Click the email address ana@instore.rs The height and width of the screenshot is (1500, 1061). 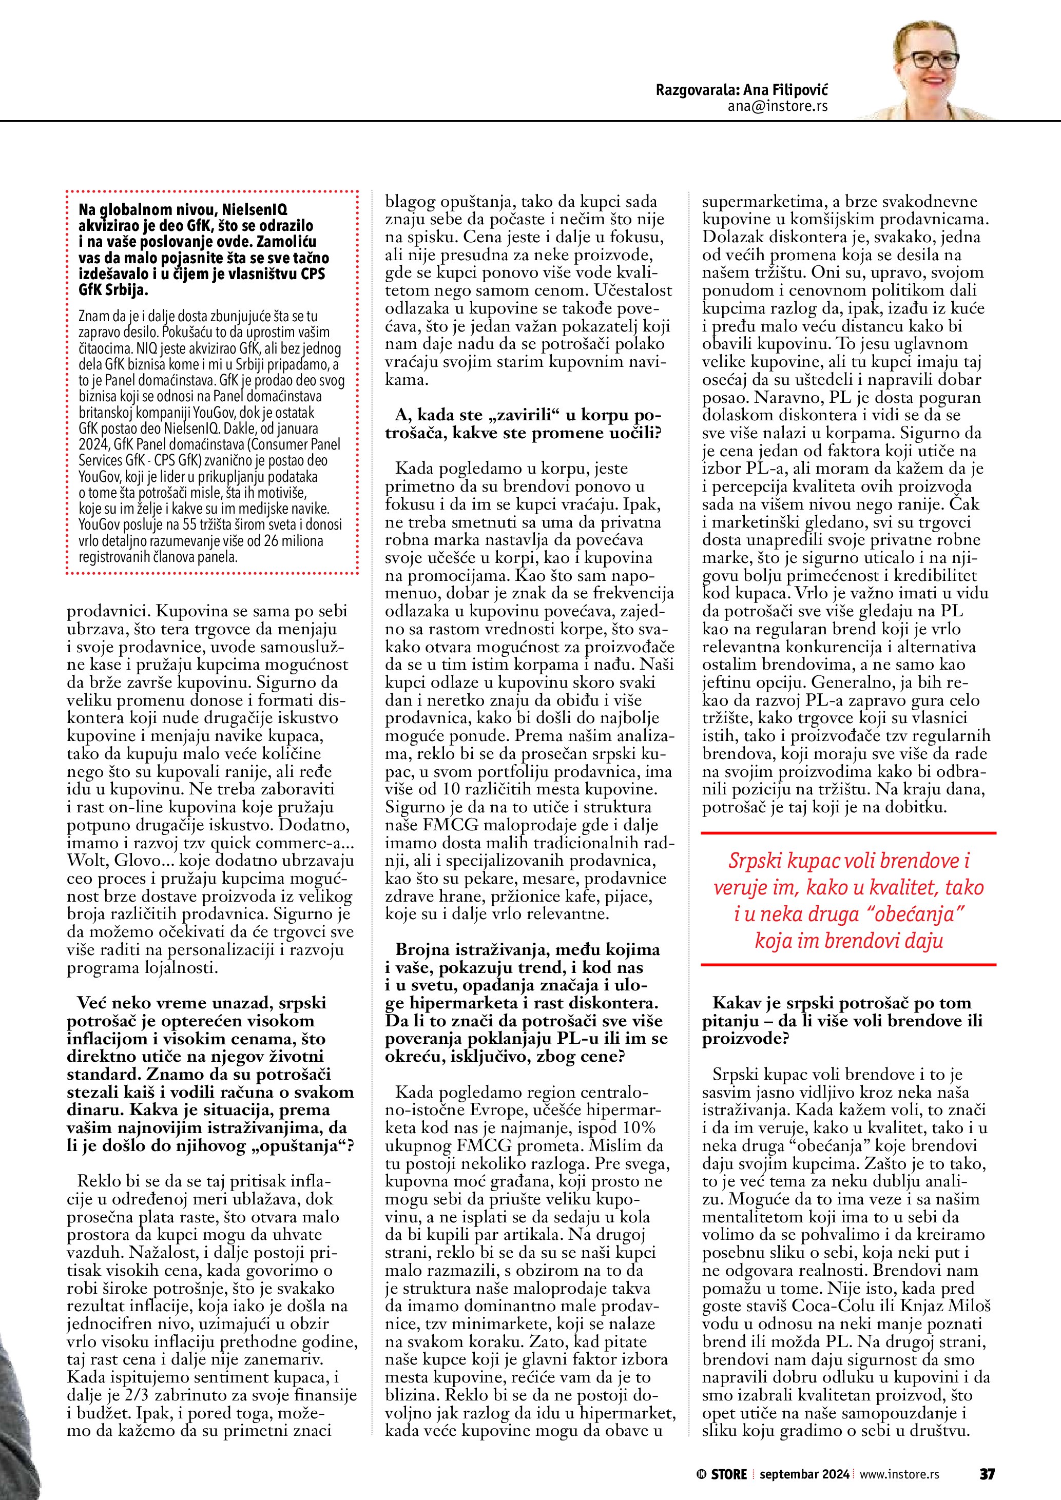pos(778,107)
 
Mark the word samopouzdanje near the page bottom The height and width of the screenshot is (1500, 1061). pos(915,1412)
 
